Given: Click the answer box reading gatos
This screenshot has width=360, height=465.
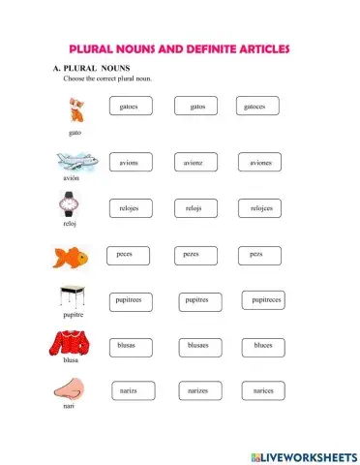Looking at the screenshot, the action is point(197,107).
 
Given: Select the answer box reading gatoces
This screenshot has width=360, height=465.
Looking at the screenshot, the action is point(256,107).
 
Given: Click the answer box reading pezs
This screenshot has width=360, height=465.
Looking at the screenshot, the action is point(256,254).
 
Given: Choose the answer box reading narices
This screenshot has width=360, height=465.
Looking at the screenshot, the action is point(262,390).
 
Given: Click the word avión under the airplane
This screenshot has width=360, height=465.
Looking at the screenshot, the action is point(68,179).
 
